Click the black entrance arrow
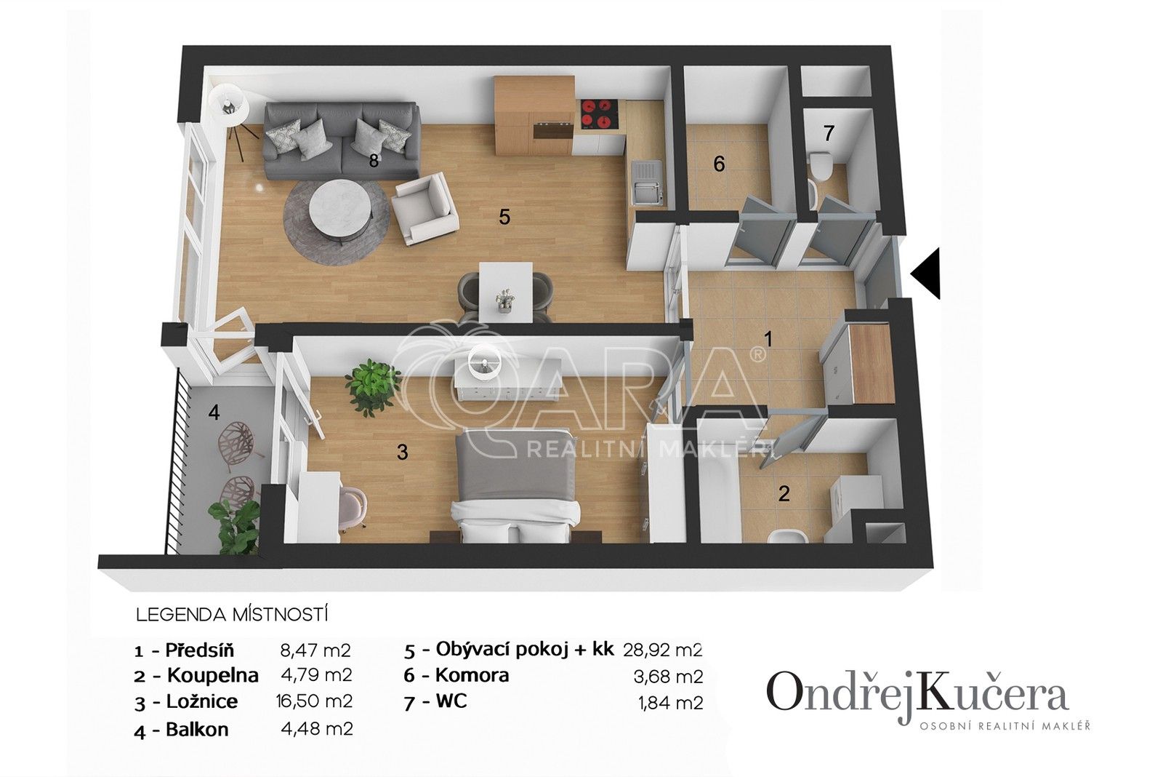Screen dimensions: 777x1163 pyautogui.click(x=927, y=273)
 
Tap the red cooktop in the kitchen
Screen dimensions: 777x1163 pyautogui.click(x=599, y=115)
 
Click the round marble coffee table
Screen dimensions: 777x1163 pyautogui.click(x=339, y=207)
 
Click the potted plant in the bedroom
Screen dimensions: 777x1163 pyautogui.click(x=373, y=386)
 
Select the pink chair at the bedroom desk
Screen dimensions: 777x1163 pyautogui.click(x=351, y=501)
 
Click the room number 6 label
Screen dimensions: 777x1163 pyautogui.click(x=719, y=164)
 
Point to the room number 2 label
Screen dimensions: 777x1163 pyautogui.click(x=784, y=494)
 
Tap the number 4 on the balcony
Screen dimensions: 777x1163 pyautogui.click(x=213, y=413)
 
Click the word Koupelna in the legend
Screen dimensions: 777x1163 pyautogui.click(x=212, y=675)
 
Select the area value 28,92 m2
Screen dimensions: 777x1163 pyautogui.click(x=663, y=649)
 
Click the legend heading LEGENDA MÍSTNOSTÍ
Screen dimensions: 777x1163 pyautogui.click(x=232, y=615)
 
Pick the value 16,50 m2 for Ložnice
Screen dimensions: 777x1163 pyautogui.click(x=316, y=701)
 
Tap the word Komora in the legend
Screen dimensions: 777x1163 pyautogui.click(x=472, y=675)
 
